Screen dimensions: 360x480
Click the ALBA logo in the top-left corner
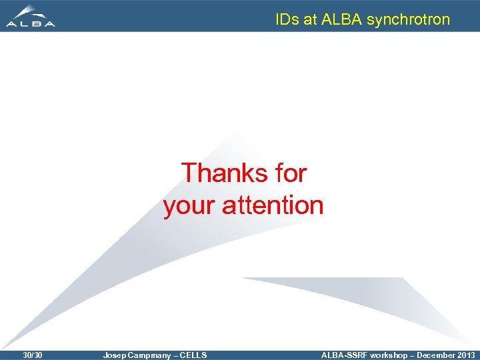tap(31, 16)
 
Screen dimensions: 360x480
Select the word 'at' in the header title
tap(310, 20)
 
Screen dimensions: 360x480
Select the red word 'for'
tap(290, 173)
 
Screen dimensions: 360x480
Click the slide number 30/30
tap(32, 355)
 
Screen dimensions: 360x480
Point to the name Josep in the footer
tap(114, 355)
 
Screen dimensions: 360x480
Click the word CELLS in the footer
tap(193, 355)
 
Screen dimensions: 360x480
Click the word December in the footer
tap(436, 355)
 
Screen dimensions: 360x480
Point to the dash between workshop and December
tap(413, 355)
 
